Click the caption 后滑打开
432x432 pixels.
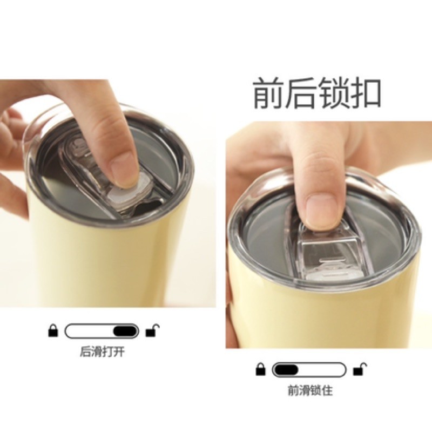point(102,352)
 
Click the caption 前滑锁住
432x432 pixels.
point(310,390)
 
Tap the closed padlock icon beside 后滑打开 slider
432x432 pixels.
point(53,330)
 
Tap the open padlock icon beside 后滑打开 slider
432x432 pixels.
point(152,330)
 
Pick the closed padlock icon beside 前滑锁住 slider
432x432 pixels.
point(261,369)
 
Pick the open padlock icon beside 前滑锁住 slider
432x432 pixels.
point(360,369)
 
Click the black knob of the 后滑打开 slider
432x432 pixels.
point(125,331)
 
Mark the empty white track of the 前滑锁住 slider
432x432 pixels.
point(321,370)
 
